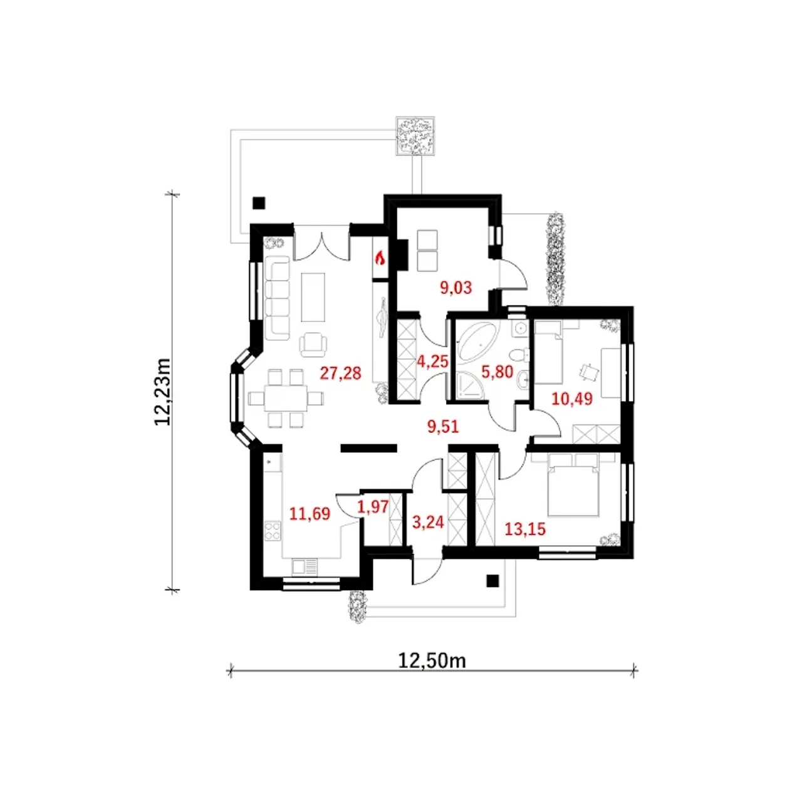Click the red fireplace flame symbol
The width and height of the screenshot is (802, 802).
[380, 259]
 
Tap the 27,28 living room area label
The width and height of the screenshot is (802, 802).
[340, 373]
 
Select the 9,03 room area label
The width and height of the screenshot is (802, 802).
[456, 288]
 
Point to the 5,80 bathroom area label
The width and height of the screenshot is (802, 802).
[497, 372]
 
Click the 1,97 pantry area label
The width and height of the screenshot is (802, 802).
[373, 507]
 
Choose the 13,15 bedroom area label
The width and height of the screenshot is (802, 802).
[525, 529]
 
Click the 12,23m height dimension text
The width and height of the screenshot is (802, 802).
[163, 391]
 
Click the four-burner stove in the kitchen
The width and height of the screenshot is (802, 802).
[273, 531]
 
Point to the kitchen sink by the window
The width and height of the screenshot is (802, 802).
[305, 566]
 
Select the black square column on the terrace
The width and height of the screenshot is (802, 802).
[259, 203]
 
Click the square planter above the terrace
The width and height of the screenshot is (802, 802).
[415, 136]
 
